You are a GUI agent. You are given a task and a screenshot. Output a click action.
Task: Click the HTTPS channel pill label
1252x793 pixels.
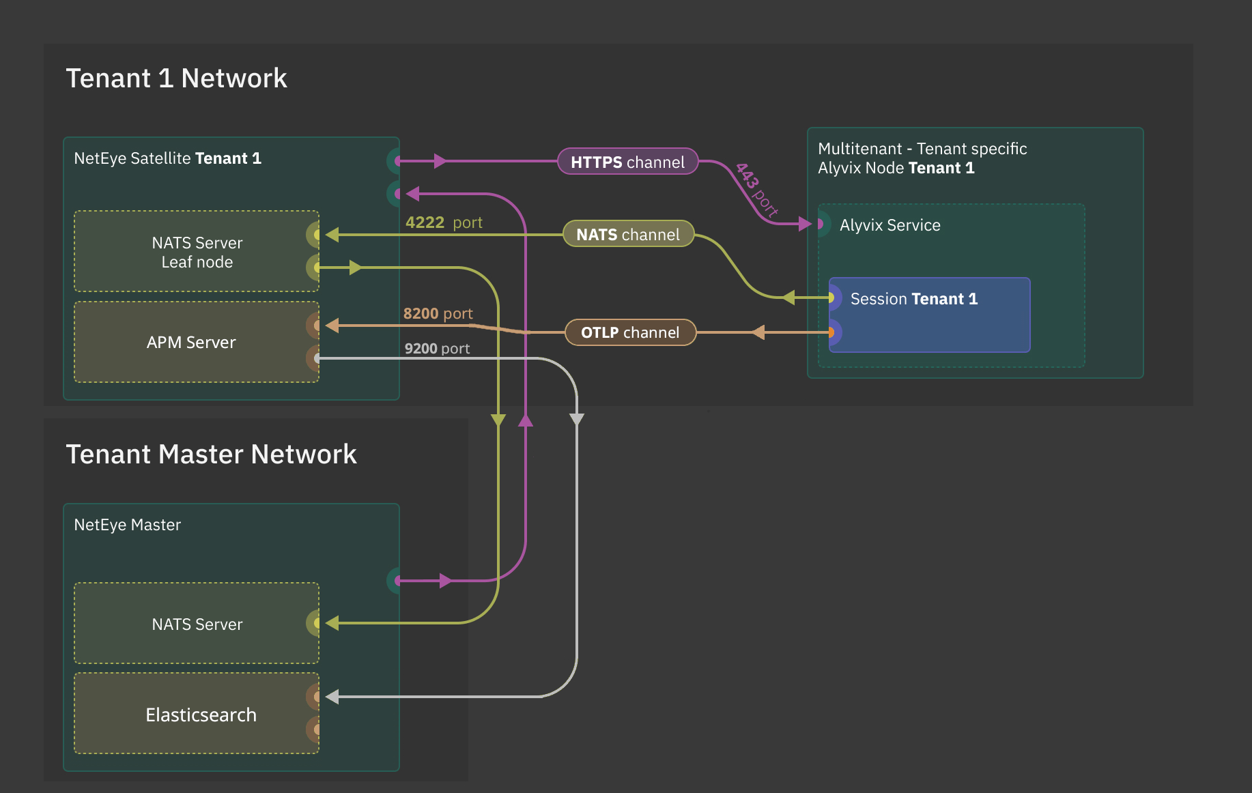click(627, 162)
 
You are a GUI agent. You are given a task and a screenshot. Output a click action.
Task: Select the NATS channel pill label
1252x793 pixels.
click(628, 234)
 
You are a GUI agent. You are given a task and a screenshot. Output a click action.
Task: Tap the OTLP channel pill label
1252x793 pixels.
click(630, 332)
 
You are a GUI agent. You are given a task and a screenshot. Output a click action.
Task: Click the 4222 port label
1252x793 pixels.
click(444, 222)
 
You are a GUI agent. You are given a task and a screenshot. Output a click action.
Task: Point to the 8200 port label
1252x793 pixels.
click(438, 314)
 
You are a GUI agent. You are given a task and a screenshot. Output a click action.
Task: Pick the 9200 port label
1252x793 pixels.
click(437, 349)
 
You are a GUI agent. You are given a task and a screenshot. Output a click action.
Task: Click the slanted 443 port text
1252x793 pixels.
click(756, 190)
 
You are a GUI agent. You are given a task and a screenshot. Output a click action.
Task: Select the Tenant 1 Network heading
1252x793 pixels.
click(176, 78)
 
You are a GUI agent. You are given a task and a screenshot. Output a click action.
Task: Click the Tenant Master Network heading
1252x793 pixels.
click(211, 455)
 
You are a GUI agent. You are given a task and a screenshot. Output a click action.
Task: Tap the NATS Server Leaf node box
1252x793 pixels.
click(197, 252)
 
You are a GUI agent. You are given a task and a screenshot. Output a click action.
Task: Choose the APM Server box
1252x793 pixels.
click(191, 342)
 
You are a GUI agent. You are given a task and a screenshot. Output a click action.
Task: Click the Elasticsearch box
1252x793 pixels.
click(201, 715)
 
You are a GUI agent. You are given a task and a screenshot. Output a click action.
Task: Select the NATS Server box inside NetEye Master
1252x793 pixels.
click(197, 624)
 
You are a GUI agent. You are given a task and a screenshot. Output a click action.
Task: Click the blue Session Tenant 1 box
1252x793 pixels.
click(928, 315)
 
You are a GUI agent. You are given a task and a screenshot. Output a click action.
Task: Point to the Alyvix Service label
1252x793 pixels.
click(890, 225)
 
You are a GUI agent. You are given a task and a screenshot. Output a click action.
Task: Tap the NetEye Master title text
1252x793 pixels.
click(127, 525)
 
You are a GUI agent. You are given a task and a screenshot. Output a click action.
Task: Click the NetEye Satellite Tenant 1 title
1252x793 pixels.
click(167, 158)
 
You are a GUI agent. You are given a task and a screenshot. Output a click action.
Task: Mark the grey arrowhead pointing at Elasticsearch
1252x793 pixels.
click(332, 697)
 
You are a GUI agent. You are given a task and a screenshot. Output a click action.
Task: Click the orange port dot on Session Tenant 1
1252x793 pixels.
click(831, 333)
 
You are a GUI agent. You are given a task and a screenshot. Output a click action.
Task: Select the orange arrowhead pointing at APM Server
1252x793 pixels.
click(332, 326)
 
